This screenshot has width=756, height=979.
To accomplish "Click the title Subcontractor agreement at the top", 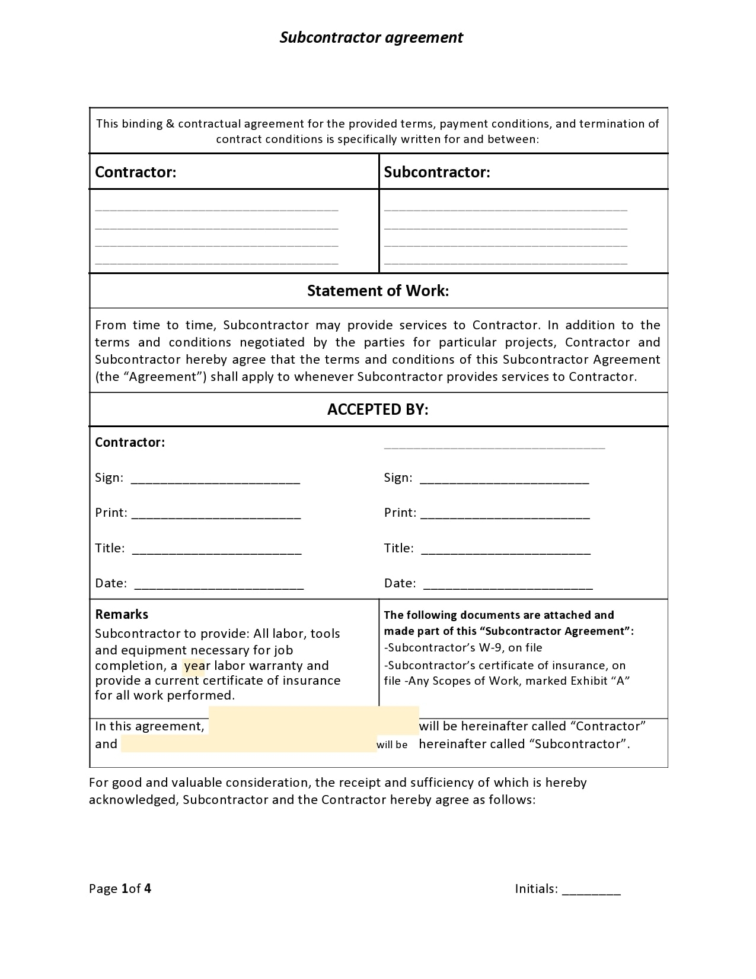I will (371, 37).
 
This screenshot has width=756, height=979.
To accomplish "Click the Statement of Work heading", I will (378, 291).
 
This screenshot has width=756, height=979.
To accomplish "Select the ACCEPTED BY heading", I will (378, 409).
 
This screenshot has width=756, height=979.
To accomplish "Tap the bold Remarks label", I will (122, 615).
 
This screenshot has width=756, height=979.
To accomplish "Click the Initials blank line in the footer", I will (591, 890).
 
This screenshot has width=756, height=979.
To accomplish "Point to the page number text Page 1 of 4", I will (120, 888).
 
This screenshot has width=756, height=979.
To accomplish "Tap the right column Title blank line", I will (505, 551).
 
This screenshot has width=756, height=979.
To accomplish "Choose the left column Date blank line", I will (219, 586).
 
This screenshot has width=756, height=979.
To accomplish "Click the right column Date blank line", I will (508, 586).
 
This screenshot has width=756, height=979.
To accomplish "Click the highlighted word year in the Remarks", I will (194, 666).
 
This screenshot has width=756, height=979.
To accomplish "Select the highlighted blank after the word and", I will (248, 744).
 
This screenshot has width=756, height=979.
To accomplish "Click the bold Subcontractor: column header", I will (437, 172).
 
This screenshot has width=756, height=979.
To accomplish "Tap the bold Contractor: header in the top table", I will (136, 172).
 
